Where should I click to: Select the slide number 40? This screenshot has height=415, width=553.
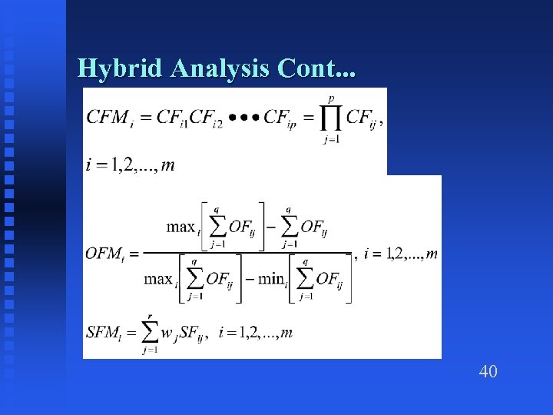(488, 372)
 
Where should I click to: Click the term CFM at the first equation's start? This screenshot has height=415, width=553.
(107, 117)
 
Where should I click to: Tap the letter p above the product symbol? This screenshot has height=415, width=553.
(331, 98)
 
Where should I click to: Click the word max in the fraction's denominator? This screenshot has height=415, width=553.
(158, 278)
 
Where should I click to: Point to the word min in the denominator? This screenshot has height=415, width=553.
(271, 278)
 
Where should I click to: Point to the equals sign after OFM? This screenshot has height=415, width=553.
(133, 253)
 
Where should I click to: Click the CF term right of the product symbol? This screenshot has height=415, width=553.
(361, 118)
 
